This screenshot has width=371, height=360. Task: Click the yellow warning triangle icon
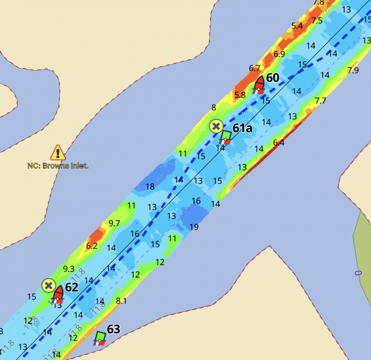pyautogui.click(x=58, y=152)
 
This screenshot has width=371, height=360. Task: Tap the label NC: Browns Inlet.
pyautogui.click(x=58, y=166)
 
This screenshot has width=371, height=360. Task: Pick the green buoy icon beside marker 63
pyautogui.click(x=100, y=338)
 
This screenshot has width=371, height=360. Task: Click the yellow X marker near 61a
pyautogui.click(x=216, y=126)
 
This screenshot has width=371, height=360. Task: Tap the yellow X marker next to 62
pyautogui.click(x=49, y=285)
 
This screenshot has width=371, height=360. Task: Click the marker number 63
pyautogui.click(x=114, y=329)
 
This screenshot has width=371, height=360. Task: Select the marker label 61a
pyautogui.click(x=242, y=128)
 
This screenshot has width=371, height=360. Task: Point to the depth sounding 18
pyautogui.click(x=150, y=187)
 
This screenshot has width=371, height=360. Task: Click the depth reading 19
pyautogui.click(x=194, y=227)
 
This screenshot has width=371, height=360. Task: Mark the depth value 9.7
pyautogui.click(x=114, y=223)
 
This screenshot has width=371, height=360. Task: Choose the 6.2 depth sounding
pyautogui.click(x=91, y=246)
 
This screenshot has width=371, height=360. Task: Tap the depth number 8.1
pyautogui.click(x=121, y=301)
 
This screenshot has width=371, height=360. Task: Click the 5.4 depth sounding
pyautogui.click(x=297, y=26)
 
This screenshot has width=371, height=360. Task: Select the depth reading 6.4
pyautogui.click(x=279, y=143)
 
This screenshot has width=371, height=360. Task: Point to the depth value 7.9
pyautogui.click(x=353, y=70)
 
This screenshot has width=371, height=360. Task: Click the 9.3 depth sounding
pyautogui.click(x=68, y=269)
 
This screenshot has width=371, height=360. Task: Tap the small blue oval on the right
pyautogui.click(x=358, y=273)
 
